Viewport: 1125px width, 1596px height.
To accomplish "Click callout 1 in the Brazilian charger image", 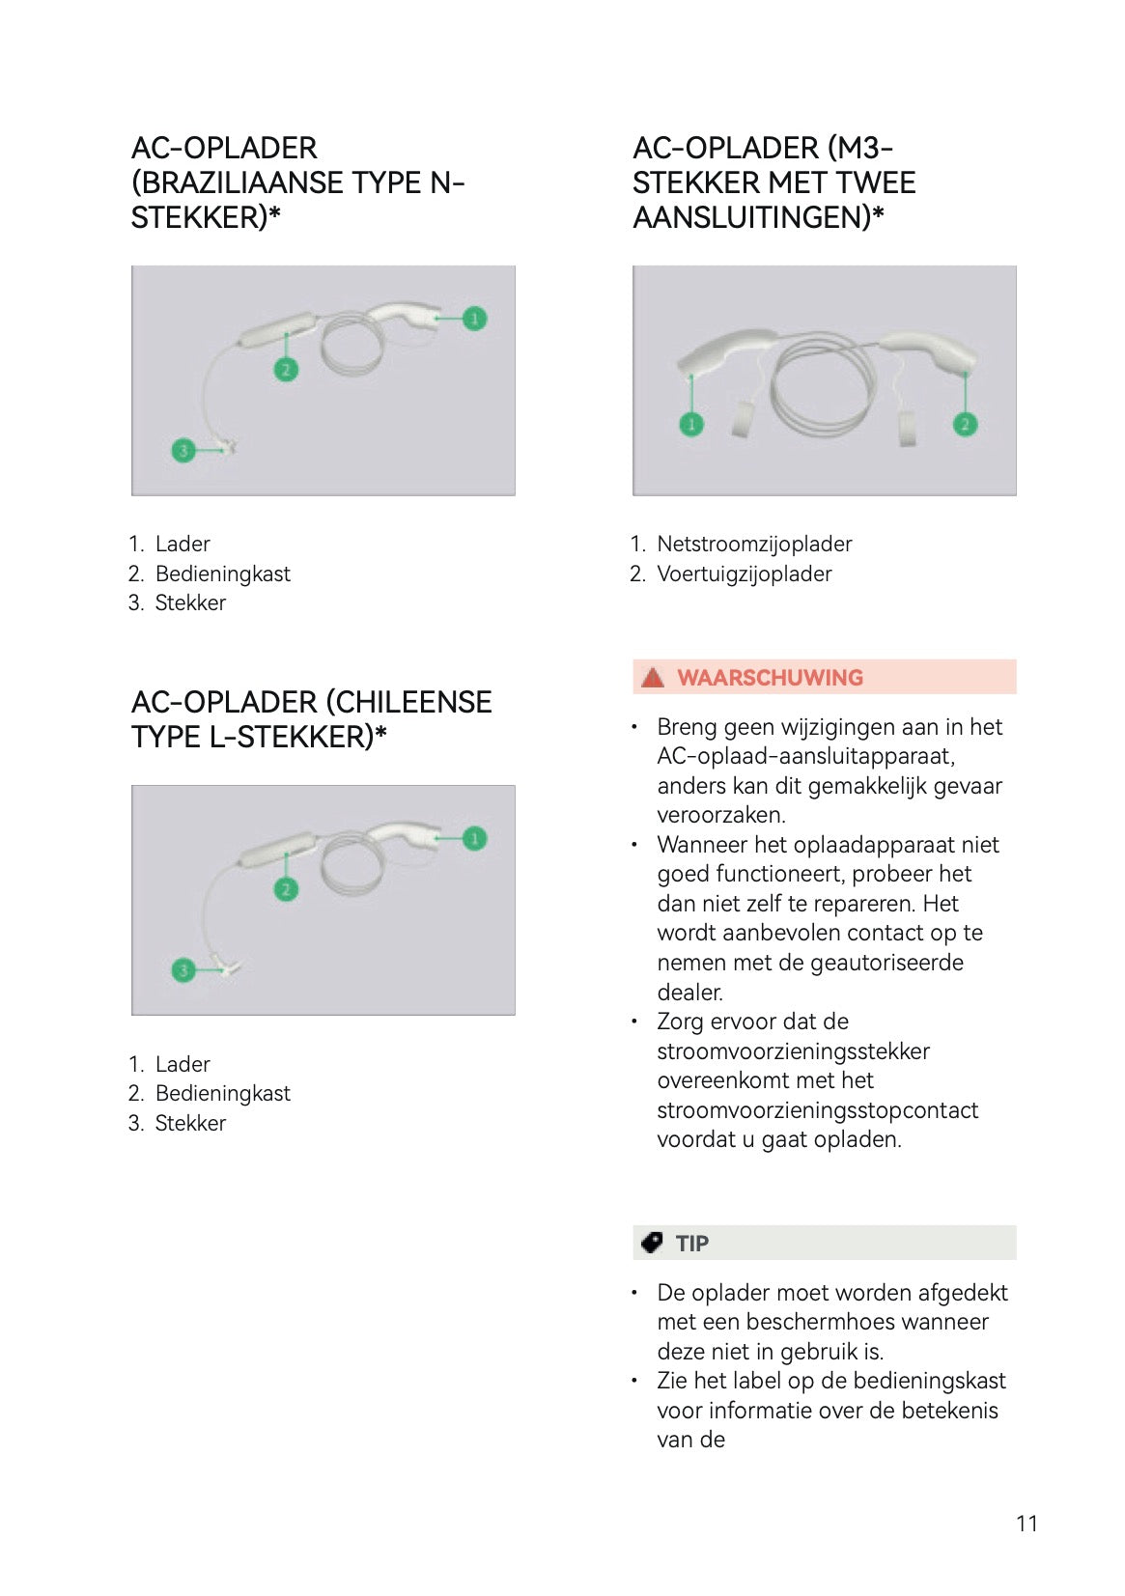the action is point(474,318).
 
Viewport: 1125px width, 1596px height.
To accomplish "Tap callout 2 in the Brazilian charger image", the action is point(286,369).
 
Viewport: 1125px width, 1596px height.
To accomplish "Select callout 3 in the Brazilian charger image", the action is point(183,450).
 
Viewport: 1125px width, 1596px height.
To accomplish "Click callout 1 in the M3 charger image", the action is point(691,425).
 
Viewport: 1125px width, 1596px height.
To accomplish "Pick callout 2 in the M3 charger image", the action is point(966,425).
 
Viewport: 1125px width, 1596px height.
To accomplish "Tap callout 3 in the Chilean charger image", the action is point(183,969).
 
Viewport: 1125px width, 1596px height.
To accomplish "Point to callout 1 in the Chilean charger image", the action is point(474,838).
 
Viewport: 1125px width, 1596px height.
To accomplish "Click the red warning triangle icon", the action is point(653,677).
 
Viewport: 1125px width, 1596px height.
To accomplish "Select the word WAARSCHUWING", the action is point(771,677).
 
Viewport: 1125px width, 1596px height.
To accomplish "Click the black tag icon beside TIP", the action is point(652,1243).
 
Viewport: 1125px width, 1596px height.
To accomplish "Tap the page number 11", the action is point(1027,1523).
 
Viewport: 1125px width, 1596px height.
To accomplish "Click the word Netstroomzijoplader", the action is point(754,544).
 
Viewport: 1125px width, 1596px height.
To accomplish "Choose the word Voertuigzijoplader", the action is point(745,574).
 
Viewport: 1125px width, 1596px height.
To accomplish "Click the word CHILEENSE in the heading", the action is point(409,702).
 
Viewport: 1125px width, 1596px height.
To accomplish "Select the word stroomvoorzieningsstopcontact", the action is point(818,1110).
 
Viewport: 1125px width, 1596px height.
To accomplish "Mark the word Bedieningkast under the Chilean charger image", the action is point(223,1093).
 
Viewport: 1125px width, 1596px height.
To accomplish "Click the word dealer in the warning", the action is point(689,992).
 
